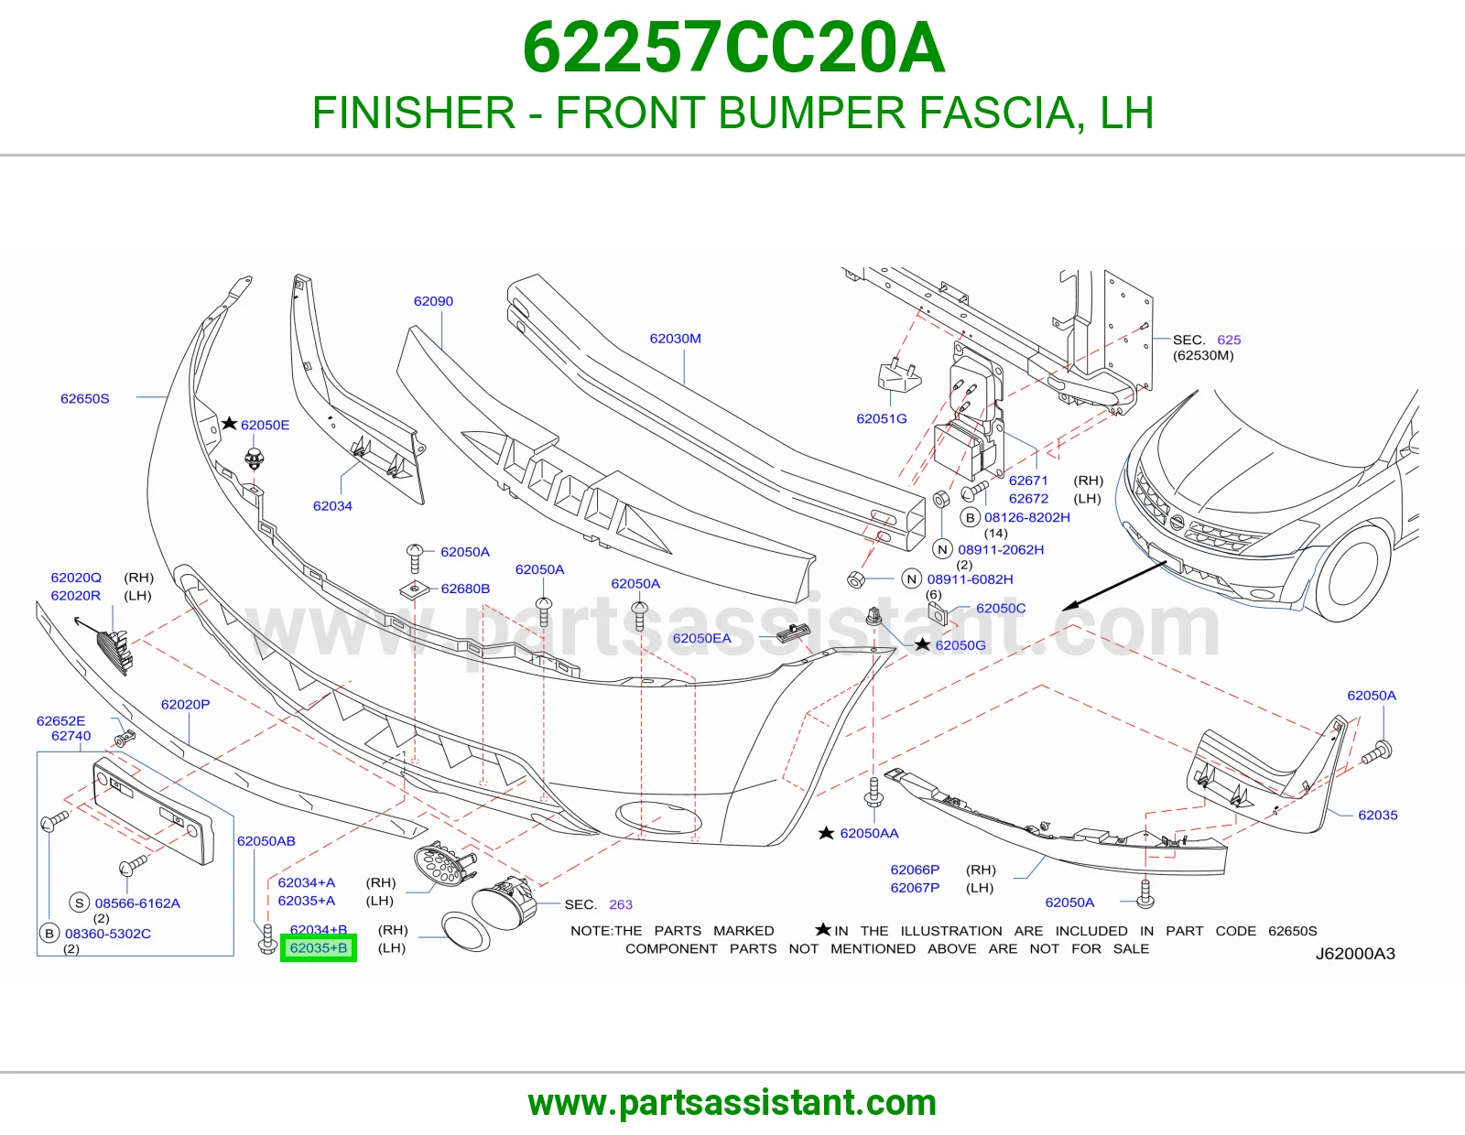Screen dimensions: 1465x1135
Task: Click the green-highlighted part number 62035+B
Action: [319, 948]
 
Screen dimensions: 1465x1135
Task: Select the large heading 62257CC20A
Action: [732, 48]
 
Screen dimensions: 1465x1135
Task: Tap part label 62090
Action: [433, 301]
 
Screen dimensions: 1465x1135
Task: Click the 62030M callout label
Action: [675, 339]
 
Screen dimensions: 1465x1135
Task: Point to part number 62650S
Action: [85, 398]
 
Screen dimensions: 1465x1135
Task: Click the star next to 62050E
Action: [229, 423]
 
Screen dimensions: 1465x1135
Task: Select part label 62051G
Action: [881, 418]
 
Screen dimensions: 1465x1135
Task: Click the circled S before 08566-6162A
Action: [80, 903]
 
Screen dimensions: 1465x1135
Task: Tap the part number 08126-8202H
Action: [1026, 517]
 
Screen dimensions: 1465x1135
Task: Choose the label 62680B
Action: [465, 589]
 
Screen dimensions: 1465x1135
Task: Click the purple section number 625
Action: [1229, 340]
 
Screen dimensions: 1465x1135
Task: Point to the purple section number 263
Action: [620, 904]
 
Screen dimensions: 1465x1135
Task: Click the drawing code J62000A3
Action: [1355, 954]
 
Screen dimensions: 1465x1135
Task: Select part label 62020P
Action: [185, 704]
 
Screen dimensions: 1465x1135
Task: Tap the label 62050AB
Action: [266, 841]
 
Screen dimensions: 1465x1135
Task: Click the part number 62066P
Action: [915, 870]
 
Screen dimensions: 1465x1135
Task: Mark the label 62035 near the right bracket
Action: [1378, 815]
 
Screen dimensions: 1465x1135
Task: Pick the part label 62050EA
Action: [701, 638]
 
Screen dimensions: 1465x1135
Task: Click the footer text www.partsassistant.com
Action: [732, 1103]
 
